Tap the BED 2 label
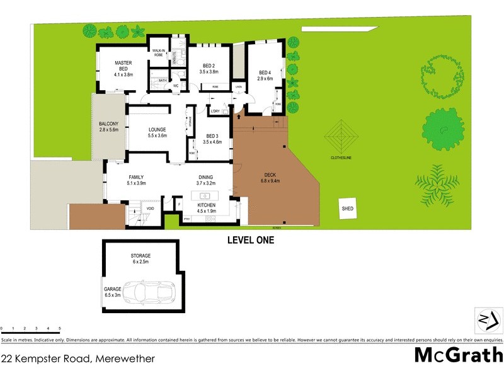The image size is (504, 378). tap(209, 66)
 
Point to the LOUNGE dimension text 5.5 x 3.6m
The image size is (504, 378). tap(157, 135)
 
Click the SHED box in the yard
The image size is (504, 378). tap(348, 208)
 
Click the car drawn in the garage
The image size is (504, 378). tap(149, 291)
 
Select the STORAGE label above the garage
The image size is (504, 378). tap(140, 256)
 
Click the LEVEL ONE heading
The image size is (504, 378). tap(250, 240)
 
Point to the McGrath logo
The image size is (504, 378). tap(458, 355)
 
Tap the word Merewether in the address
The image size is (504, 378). tap(125, 358)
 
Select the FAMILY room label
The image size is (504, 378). tap(137, 177)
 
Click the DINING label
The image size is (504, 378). tap(206, 177)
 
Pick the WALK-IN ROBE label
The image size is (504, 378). tap(156, 53)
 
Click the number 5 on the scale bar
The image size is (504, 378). tap(59, 329)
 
